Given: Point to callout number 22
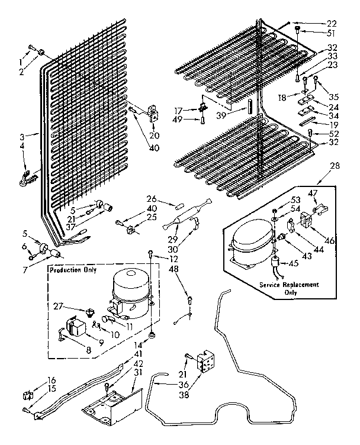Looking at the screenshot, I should click(x=332, y=24).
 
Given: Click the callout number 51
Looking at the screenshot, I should click(x=332, y=33).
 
